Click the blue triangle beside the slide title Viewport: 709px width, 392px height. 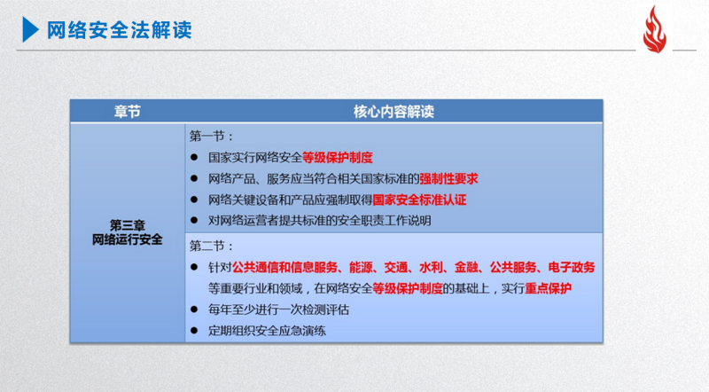coord(30,29)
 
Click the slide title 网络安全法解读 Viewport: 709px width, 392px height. coord(120,30)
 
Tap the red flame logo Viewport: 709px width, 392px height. coord(654,29)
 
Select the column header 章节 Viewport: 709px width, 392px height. coord(128,112)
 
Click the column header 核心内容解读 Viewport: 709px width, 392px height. coord(393,112)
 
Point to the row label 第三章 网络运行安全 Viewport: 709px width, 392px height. coord(127,232)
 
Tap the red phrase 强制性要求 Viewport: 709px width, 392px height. coord(448,179)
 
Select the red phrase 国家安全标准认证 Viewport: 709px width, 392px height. coord(419,200)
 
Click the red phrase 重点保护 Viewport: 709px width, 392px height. coord(548,288)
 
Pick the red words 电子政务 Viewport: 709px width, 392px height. coord(572,267)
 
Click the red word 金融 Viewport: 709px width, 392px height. coord(466,267)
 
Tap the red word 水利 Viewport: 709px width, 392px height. coord(431,267)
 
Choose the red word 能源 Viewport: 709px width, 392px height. coord(361,267)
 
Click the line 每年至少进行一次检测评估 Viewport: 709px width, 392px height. coord(278,310)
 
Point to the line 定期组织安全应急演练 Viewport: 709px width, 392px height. coord(267,331)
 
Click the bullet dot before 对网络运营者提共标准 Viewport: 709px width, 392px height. coord(194,221)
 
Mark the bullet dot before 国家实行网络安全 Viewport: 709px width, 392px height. coord(194,158)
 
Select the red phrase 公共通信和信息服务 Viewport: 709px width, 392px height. coord(284,267)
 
